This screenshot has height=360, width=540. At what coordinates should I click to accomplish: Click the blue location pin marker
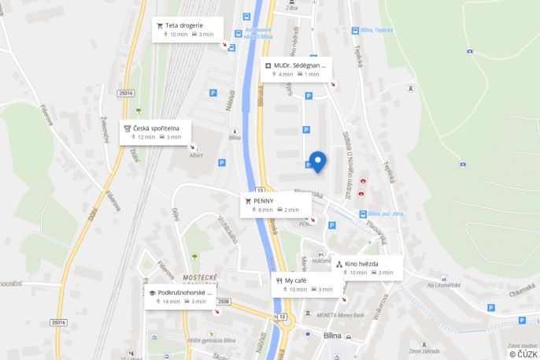point(317,161)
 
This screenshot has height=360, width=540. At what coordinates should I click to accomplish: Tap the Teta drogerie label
point(183,25)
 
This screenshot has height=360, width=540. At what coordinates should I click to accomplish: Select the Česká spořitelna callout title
point(156,128)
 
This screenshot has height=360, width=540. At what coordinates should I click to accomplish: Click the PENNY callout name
point(263,201)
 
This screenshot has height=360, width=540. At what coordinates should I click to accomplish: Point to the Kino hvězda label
point(361,264)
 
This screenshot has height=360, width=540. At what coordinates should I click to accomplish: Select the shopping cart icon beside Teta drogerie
point(160,25)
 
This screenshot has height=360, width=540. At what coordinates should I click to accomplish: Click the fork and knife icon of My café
point(279,280)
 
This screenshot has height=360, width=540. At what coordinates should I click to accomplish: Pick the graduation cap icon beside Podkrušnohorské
point(152,292)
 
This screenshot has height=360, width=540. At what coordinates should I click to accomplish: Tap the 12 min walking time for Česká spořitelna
point(146,137)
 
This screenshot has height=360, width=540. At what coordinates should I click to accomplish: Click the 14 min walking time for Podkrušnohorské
point(171,302)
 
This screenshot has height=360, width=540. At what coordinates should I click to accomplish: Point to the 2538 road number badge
point(223,302)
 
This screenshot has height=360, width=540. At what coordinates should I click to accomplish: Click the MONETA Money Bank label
point(342,315)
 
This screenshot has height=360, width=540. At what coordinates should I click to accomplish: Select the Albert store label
point(196,155)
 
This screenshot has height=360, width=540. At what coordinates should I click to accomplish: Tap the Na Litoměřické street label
point(442,285)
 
